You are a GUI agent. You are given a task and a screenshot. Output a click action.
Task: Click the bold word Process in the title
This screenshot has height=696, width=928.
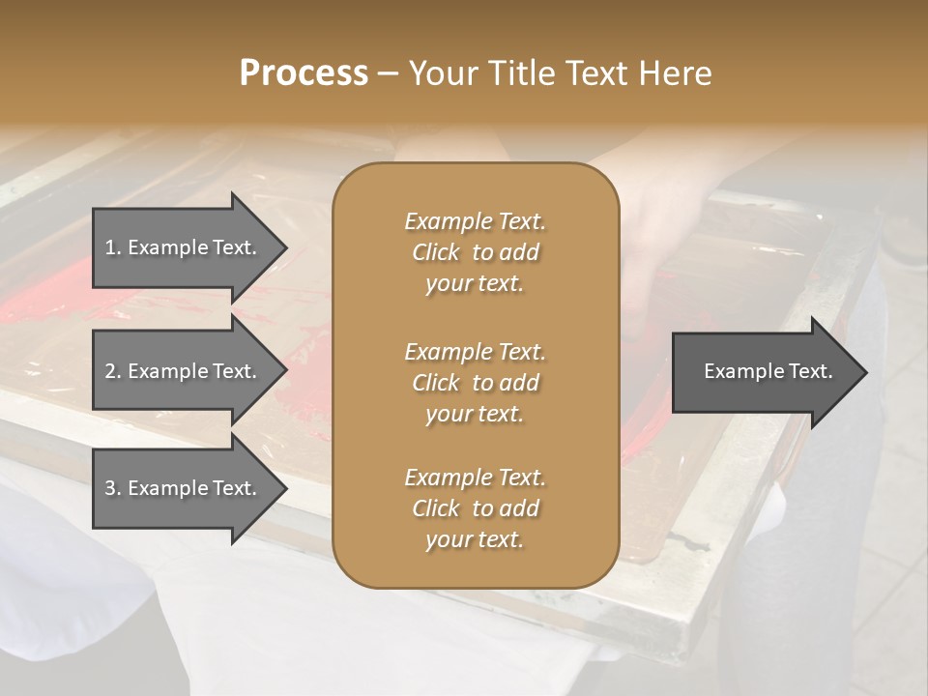pyautogui.click(x=304, y=73)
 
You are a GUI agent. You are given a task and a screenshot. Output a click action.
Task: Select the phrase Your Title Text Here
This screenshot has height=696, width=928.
pyautogui.click(x=561, y=73)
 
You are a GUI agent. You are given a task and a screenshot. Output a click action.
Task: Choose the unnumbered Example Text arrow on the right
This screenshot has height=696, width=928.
pyautogui.click(x=768, y=372)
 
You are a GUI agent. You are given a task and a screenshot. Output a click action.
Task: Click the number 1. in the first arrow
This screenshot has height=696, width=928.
pyautogui.click(x=113, y=248)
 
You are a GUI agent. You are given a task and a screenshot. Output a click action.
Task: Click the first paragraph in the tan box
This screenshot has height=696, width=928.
pyautogui.click(x=475, y=252)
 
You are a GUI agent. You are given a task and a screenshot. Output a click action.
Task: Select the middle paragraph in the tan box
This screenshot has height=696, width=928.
pyautogui.click(x=475, y=383)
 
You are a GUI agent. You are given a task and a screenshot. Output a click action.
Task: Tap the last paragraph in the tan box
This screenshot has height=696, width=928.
pyautogui.click(x=475, y=508)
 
